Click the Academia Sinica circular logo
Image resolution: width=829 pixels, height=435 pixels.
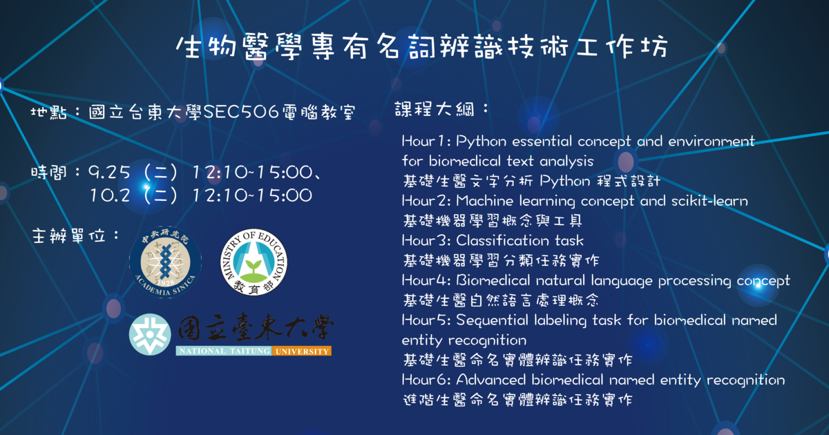[x=165, y=262]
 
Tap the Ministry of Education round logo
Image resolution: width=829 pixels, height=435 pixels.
[x=254, y=262]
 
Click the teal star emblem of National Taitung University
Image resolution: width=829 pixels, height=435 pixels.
[x=150, y=334]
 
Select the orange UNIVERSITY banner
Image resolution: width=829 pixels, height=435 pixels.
[x=302, y=351]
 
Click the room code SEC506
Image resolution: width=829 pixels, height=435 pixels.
[x=241, y=112]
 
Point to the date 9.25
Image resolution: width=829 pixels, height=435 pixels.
[x=109, y=173]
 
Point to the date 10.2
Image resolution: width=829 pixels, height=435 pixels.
[x=110, y=195]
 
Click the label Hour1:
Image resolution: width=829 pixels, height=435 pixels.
[x=426, y=142]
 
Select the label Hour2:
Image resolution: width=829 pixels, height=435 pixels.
[x=426, y=201]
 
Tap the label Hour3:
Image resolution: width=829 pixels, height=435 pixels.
[x=426, y=241]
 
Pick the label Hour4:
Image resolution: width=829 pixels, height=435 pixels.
[x=426, y=280]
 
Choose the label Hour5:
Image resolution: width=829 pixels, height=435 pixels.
[x=426, y=320]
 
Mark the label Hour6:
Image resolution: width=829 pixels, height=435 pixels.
[x=426, y=380]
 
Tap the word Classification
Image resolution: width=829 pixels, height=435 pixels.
[x=503, y=241]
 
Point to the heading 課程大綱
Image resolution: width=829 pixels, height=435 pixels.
[x=435, y=110]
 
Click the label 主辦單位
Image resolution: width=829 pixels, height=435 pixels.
[x=68, y=236]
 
